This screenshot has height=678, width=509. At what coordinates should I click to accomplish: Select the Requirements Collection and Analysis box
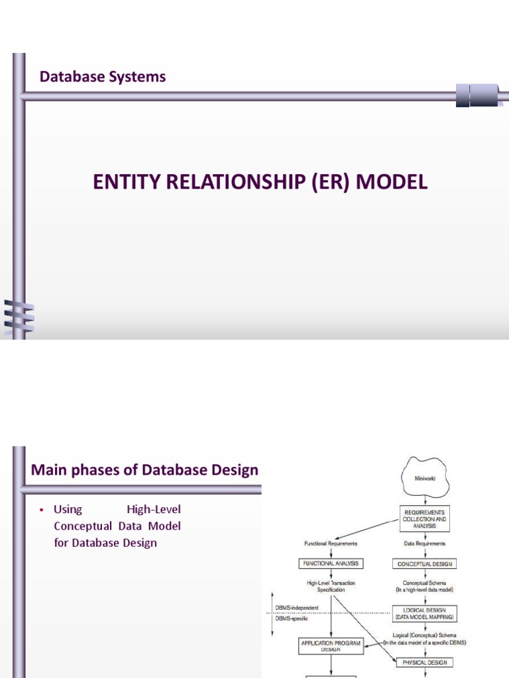pos(425,519)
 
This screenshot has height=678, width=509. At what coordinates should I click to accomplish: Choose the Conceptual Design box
pos(425,564)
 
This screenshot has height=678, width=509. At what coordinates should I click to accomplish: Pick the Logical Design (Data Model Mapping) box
pos(425,614)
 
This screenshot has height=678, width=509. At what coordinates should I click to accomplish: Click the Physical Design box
pos(425,661)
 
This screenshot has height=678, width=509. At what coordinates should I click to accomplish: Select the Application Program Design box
pos(330,646)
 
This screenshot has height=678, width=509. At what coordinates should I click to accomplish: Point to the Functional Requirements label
pos(331,544)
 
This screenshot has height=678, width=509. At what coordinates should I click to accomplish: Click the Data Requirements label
pos(425,544)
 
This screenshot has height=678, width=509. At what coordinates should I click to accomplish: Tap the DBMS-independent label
pos(297,607)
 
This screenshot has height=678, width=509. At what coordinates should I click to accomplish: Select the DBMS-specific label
pos(292,618)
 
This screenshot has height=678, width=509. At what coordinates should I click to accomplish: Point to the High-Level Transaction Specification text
pos(331,586)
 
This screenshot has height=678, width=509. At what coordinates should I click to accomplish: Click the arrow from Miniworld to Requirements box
pos(425,499)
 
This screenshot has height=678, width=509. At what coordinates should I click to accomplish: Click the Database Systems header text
pos(103,77)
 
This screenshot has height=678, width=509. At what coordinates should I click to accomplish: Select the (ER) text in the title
pos(331,183)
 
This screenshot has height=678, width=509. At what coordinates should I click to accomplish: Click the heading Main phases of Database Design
pos(144,470)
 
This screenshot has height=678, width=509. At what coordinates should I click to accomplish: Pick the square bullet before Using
pos(41,510)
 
